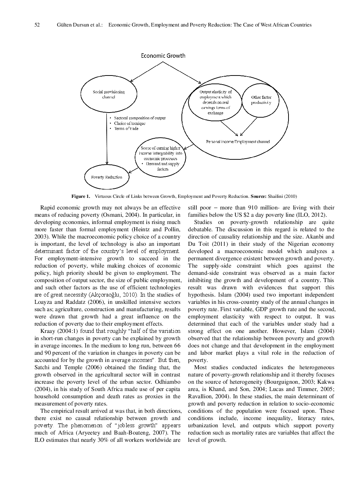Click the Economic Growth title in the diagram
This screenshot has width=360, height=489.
pyautogui.click(x=163, y=56)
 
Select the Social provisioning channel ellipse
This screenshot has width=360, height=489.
pyautogui.click(x=109, y=94)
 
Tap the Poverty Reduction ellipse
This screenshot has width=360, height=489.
pyautogui.click(x=107, y=177)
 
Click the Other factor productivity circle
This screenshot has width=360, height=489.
pyautogui.click(x=261, y=100)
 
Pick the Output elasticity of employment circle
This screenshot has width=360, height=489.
pyautogui.click(x=215, y=102)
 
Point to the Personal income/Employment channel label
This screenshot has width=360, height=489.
pyautogui.click(x=238, y=142)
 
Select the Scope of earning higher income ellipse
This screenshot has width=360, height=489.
pyautogui.click(x=160, y=158)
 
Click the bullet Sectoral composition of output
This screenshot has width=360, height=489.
pyautogui.click(x=139, y=118)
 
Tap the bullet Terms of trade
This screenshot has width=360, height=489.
pyautogui.click(x=126, y=129)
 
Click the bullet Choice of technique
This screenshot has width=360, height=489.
pyautogui.click(x=130, y=123)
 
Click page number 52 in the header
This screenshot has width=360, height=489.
pyautogui.click(x=37, y=25)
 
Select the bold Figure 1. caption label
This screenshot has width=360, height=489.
pyautogui.click(x=81, y=196)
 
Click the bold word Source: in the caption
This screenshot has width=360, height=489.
pyautogui.click(x=258, y=196)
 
